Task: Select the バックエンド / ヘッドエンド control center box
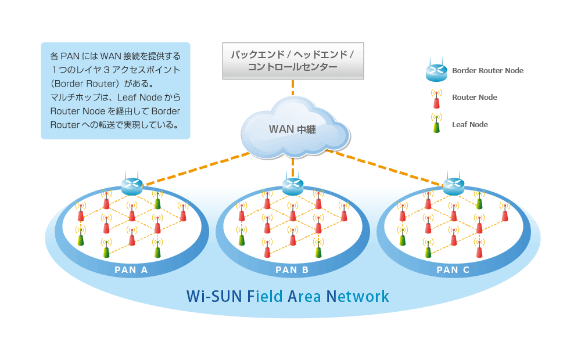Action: point(293,61)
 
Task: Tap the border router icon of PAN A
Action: point(132,186)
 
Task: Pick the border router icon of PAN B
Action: point(293,186)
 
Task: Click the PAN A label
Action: point(131,269)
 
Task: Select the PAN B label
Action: point(292,269)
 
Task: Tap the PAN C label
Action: point(453,269)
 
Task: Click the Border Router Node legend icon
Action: point(436,71)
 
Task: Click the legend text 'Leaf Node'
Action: point(470,125)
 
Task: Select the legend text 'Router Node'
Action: point(475,98)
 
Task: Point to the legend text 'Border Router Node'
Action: point(487,71)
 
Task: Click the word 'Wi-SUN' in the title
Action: point(211,297)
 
